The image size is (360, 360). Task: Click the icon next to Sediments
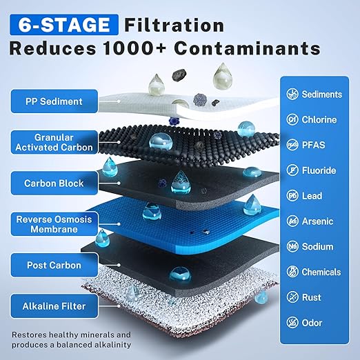pos(292,94)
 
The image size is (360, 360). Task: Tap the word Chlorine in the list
pos(319,120)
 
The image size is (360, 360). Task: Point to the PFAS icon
pos(292,145)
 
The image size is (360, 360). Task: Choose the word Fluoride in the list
pos(319,170)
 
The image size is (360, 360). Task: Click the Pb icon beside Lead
pos(292,196)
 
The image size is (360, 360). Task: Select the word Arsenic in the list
pos(318,221)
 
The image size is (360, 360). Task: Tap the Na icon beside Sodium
pos(292,246)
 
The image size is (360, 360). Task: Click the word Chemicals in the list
pos(321,272)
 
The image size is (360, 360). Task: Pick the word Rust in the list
pos(312,297)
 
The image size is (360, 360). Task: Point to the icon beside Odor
pos(292,323)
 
